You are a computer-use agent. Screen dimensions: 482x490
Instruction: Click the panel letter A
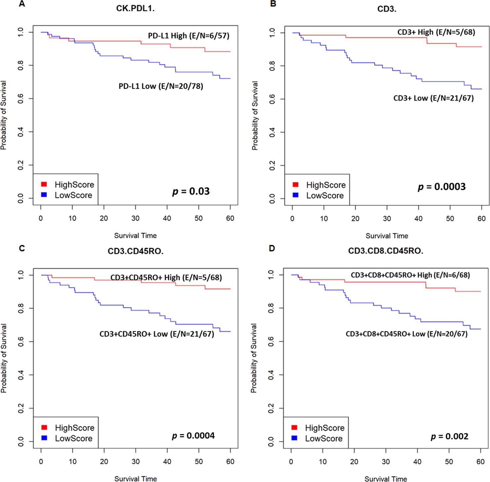tap(22, 4)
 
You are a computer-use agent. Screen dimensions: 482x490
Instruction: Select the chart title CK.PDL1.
tap(135, 9)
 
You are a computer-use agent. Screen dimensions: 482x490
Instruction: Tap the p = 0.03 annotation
tap(191, 191)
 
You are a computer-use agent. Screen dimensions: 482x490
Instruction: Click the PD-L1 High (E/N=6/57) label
tap(188, 35)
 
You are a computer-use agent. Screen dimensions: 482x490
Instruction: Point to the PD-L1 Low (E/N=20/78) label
tap(161, 86)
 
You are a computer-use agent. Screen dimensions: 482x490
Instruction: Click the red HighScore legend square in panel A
tap(44, 184)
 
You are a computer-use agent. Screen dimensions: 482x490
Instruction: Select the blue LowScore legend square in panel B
tap(295, 195)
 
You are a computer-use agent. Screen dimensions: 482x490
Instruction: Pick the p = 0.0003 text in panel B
tap(442, 187)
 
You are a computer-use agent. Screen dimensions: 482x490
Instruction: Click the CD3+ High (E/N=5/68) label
tap(436, 32)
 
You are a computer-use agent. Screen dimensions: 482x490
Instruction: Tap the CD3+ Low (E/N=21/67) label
tap(433, 98)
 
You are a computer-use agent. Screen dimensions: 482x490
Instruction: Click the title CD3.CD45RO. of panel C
tap(135, 251)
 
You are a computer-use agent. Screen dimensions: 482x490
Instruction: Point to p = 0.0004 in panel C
tap(193, 436)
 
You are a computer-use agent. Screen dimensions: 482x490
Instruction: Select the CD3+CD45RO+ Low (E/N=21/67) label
tap(157, 334)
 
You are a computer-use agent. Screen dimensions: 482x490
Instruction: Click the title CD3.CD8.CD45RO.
tap(386, 251)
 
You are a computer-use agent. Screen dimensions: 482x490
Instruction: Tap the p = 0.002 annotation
tap(450, 436)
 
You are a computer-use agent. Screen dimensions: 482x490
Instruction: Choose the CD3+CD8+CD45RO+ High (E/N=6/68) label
tap(410, 275)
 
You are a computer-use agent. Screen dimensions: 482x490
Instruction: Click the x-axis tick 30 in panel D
tap(386, 461)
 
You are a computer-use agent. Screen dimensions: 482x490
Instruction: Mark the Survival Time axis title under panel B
tap(387, 236)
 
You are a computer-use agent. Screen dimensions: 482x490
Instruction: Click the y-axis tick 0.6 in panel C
tap(20, 341)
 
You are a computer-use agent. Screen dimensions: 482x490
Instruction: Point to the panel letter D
tap(272, 248)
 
